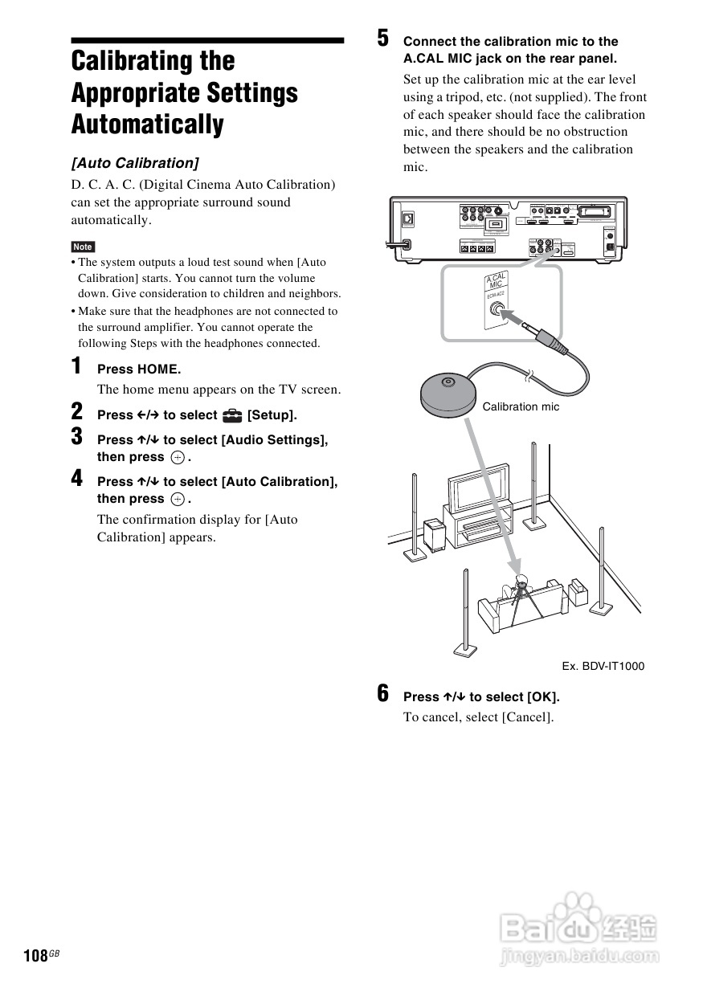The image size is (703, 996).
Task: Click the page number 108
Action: click(x=36, y=955)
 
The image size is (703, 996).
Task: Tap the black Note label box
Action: click(x=83, y=247)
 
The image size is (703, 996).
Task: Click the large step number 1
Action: click(x=76, y=366)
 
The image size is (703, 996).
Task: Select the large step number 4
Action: click(x=76, y=479)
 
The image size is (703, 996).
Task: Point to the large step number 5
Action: click(x=383, y=38)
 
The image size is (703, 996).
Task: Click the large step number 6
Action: click(x=383, y=693)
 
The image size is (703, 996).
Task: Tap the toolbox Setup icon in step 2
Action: click(x=232, y=415)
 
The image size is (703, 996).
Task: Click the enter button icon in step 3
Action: click(x=177, y=458)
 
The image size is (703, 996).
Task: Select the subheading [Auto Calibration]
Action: click(x=135, y=163)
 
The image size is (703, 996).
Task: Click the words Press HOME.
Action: click(x=139, y=369)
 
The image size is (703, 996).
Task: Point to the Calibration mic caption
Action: click(x=521, y=406)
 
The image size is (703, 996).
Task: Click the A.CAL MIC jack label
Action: click(x=497, y=284)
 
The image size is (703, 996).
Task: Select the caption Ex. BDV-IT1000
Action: click(x=603, y=666)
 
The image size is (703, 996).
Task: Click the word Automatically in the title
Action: click(x=148, y=124)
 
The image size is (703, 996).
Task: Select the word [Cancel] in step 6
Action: click(x=527, y=717)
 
